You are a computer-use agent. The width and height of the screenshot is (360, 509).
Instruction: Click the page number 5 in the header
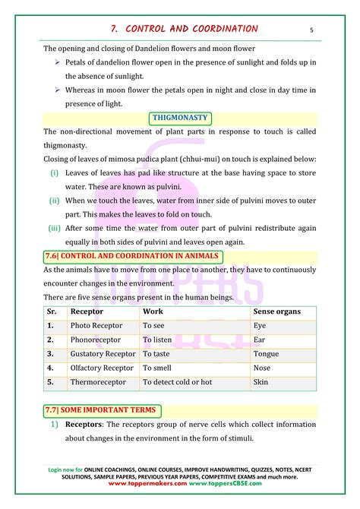coord(311,30)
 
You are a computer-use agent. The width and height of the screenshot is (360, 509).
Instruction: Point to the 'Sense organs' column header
coord(277,311)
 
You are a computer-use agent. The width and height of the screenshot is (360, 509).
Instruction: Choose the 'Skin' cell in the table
coord(261,382)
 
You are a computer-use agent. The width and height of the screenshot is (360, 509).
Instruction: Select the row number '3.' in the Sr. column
coord(50,354)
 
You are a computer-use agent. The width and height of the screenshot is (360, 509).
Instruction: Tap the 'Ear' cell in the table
coord(259,340)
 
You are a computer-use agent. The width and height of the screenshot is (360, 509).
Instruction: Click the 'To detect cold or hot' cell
coord(177,382)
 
